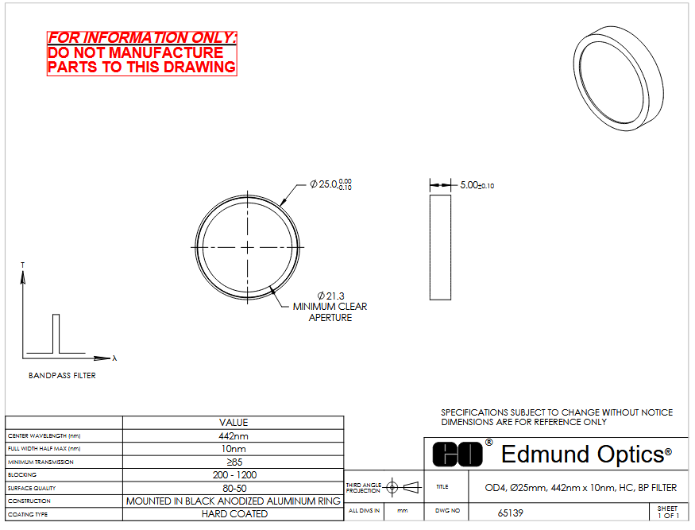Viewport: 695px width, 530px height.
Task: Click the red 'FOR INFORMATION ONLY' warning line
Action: tap(142, 37)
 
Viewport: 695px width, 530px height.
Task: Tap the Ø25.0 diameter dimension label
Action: tap(330, 184)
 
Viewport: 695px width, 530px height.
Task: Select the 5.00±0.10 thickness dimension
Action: tap(477, 185)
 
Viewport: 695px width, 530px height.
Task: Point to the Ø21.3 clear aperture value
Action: tap(330, 296)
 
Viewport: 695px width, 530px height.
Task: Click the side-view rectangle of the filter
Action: tap(440, 247)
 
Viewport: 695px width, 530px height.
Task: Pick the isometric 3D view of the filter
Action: tap(618, 78)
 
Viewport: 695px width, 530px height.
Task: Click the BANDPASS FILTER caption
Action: tap(62, 376)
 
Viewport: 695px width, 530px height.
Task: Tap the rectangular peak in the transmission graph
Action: tap(56, 334)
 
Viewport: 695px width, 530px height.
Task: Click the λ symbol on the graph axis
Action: tap(114, 358)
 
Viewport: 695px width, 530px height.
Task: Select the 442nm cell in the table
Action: tap(234, 436)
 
